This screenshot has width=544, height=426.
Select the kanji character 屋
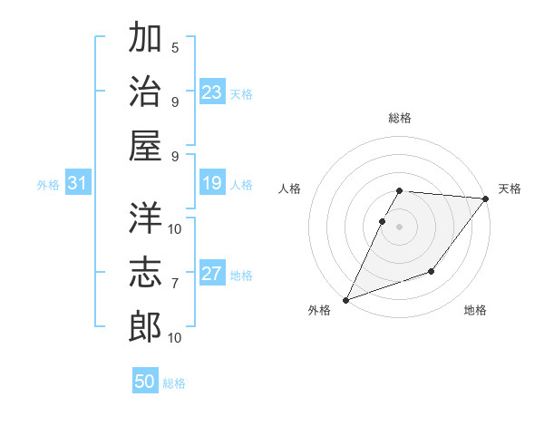coord(145,146)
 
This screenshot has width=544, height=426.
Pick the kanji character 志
coord(145,272)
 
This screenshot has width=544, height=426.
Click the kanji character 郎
coord(145,326)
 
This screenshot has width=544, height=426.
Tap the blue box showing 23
coord(212,92)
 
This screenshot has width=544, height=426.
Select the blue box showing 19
coord(212,184)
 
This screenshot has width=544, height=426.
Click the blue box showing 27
coord(212,275)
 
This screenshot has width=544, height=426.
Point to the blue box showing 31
coord(77,184)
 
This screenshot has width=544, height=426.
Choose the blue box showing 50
coord(145,382)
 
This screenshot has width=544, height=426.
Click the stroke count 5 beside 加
coord(175,47)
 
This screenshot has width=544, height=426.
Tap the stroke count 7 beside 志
coord(175,284)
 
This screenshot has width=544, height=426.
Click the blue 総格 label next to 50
coord(174,383)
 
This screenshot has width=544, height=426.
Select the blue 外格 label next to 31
coord(48,185)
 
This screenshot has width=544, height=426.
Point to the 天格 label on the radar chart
coord(510,189)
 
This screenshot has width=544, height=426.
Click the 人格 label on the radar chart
coord(291,189)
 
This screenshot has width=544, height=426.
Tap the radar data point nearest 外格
coord(345,300)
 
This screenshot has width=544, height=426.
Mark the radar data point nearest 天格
coord(486,198)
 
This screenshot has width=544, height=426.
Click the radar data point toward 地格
coord(432,271)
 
